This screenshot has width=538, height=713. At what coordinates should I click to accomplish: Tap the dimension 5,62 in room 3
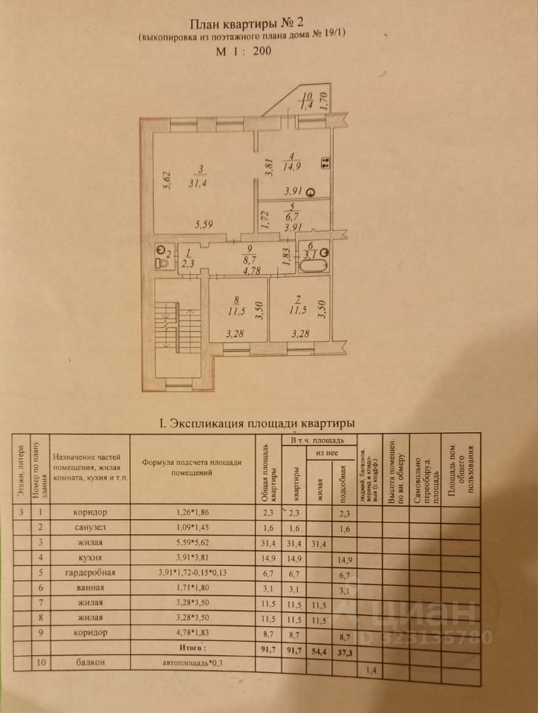(x=167, y=180)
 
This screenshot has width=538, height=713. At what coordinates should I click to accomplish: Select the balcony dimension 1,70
(x=323, y=100)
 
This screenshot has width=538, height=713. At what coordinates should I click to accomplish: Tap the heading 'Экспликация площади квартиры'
(x=257, y=423)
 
